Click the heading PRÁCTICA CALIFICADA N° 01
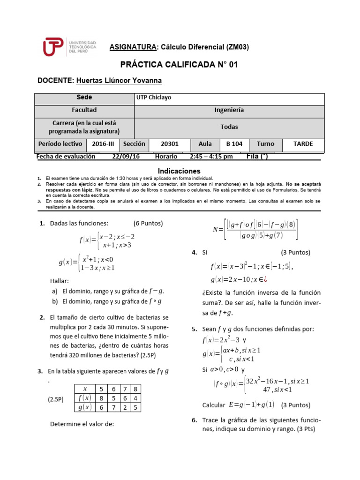pos(179,65)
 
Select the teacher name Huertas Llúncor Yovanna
pos(119,81)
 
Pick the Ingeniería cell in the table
pos(229,110)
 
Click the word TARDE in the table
pos(303,144)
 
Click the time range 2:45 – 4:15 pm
pos(211,157)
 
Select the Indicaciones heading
pos(179,171)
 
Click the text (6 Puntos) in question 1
pos(148,223)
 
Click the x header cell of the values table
pos(85,389)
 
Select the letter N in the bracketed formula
pos(216,230)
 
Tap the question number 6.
pos(194,420)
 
